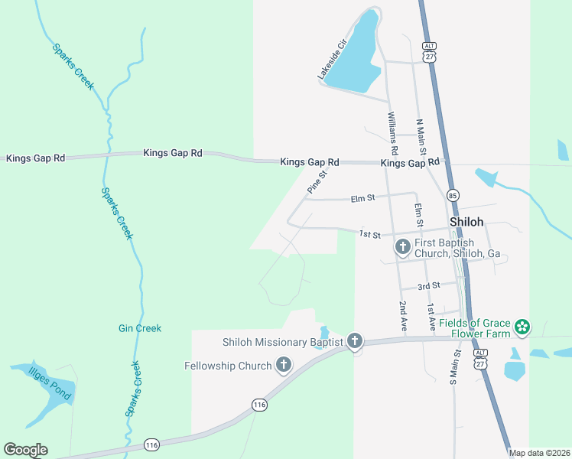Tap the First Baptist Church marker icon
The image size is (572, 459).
(403, 247)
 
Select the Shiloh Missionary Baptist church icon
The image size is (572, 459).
(355, 341)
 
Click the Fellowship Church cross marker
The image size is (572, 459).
(284, 365)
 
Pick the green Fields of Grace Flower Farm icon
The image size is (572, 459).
(522, 327)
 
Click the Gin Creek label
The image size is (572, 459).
(140, 328)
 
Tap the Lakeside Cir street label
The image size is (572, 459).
(333, 58)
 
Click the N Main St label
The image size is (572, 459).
(421, 137)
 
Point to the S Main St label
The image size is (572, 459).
(454, 366)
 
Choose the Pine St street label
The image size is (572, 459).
(317, 181)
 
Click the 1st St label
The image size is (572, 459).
(370, 234)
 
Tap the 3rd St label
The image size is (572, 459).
(429, 285)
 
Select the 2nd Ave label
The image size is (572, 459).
(404, 316)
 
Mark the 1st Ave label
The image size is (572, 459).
(431, 316)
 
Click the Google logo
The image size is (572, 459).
(25, 450)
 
